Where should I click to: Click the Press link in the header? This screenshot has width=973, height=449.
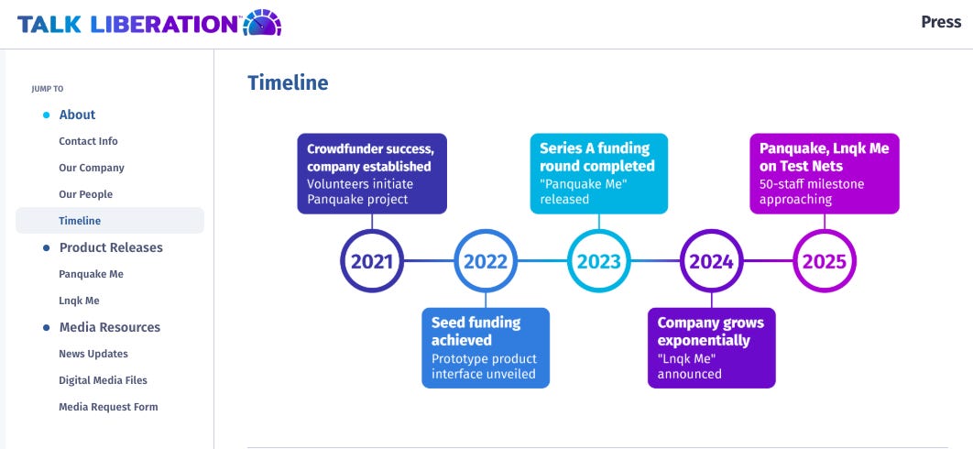(941, 22)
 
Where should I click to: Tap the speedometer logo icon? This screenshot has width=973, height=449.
(262, 23)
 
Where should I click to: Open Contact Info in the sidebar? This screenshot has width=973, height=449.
(88, 141)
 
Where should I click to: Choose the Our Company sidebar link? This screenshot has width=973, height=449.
(92, 168)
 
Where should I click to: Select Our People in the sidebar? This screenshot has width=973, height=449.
(85, 194)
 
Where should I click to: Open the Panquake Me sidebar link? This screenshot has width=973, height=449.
(92, 274)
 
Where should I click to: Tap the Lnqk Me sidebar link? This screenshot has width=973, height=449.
(79, 301)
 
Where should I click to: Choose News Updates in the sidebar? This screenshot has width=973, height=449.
(93, 354)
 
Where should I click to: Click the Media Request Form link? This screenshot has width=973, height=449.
(109, 408)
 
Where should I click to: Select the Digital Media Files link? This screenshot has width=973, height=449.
(103, 380)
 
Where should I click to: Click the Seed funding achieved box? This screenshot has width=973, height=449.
(486, 348)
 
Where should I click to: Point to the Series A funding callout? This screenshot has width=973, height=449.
(599, 173)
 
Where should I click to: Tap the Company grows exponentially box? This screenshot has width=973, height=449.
(712, 348)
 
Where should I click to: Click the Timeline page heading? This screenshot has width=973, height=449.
(288, 82)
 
